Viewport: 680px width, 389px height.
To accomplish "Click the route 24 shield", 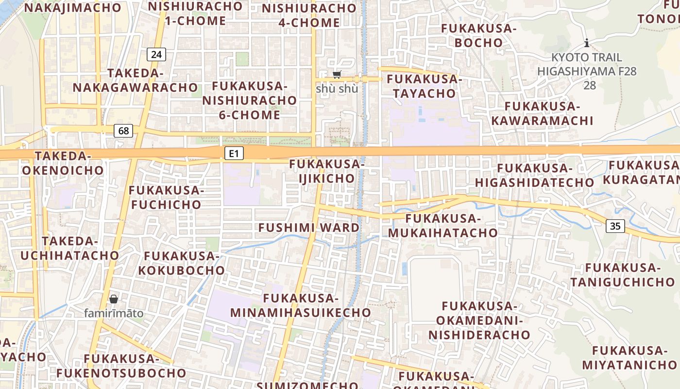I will click(156, 54).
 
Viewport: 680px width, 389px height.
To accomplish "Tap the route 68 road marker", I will click(123, 130).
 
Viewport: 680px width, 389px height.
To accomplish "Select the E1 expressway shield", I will click(234, 154).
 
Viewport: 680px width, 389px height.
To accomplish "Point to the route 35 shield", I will click(615, 226).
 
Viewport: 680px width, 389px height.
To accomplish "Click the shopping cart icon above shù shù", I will click(337, 74).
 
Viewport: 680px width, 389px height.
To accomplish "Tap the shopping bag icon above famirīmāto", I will click(114, 299).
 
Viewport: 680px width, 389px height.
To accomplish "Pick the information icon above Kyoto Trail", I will click(587, 43).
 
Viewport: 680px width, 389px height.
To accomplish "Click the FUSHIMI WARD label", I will click(309, 228).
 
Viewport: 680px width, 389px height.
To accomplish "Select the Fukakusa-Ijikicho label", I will click(327, 171).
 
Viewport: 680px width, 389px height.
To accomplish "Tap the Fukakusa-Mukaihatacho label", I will click(442, 226).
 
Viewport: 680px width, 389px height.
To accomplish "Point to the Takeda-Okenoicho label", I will click(63, 163).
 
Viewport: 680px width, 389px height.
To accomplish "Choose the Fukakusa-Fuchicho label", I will click(166, 197).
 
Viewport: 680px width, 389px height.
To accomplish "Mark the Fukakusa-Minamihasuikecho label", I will click(301, 305).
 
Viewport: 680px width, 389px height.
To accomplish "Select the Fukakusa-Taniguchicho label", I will click(623, 275).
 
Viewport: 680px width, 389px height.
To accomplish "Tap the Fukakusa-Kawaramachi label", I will click(543, 113).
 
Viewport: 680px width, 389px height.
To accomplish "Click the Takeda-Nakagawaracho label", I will click(136, 80).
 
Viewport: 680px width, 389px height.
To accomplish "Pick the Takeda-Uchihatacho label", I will click(70, 248).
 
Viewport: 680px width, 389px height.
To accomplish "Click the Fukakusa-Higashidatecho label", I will click(534, 175).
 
